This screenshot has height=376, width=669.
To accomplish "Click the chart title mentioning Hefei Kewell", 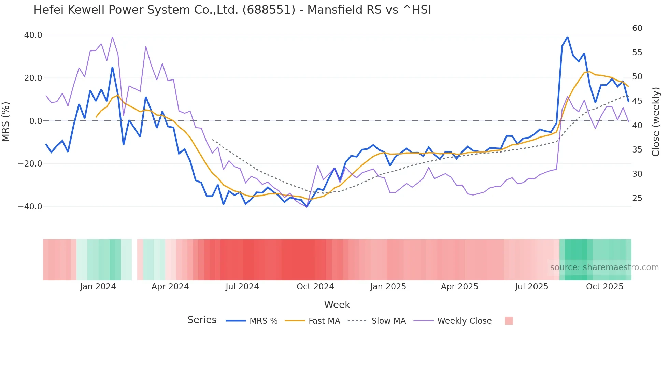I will point(232,10).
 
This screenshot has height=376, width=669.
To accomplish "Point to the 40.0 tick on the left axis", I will point(33,35).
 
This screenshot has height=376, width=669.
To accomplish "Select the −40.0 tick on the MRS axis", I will point(30,207).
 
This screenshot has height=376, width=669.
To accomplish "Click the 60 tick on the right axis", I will point(637,28).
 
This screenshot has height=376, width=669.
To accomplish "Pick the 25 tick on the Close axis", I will point(637,198).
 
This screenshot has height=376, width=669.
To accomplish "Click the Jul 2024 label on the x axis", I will point(242,287).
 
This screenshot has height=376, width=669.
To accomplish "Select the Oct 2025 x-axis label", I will point(604,287).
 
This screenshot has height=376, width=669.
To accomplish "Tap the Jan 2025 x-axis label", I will point(388,287).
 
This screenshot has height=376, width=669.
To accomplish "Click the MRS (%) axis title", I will point(6,121).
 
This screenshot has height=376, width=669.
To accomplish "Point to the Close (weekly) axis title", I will point(656,121).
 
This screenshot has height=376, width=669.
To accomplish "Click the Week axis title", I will point(337,305).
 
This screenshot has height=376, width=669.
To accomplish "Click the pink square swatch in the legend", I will point(509,321).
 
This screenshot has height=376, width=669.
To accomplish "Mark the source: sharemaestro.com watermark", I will point(604,267).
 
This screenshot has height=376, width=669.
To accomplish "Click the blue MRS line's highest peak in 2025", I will point(567,37).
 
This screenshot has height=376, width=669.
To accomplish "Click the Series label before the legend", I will point(202,320).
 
